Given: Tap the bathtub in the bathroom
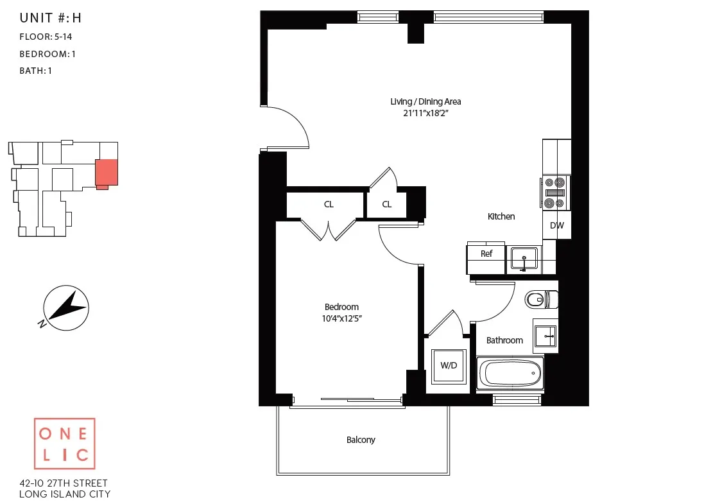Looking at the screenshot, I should (x=511, y=373).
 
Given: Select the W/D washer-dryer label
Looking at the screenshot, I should (x=449, y=365).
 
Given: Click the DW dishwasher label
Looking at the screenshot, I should (x=557, y=225).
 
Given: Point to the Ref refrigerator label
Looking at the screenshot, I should (x=486, y=254).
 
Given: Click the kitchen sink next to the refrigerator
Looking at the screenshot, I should (x=524, y=259).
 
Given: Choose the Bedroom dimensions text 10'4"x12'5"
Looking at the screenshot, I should (x=341, y=318).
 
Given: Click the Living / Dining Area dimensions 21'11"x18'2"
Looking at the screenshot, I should (x=425, y=114).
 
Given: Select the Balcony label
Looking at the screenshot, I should (x=361, y=440).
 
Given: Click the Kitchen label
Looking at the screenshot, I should (x=501, y=216).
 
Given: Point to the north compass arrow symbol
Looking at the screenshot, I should (x=65, y=307).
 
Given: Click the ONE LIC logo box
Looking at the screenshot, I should (x=64, y=444).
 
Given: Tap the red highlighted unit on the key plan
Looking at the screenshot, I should (x=106, y=173).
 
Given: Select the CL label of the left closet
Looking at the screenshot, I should (x=329, y=205).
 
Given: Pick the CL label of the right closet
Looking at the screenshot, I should (x=387, y=205).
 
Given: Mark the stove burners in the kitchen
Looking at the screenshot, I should (x=554, y=192).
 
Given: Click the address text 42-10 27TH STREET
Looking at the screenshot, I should (x=64, y=483).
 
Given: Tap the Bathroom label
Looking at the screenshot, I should (x=504, y=340).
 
